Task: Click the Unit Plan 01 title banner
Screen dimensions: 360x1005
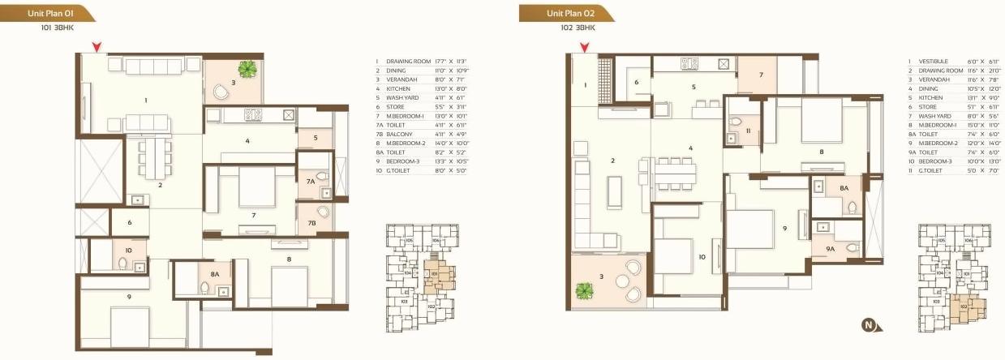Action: pos(45,13)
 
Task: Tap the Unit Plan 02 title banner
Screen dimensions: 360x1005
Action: pos(565,13)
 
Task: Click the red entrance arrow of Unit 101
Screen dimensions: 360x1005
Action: pos(97,47)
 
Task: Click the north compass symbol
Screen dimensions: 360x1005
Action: pos(868,327)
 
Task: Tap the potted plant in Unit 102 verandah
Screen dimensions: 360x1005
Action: pos(583,289)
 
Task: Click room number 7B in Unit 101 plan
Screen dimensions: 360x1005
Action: pos(311,222)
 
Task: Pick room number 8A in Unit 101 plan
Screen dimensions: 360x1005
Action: pos(215,274)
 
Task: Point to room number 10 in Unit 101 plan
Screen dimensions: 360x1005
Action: pos(128,251)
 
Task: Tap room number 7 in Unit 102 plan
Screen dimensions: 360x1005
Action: pos(761,75)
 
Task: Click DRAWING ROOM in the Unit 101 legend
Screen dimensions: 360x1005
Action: pos(404,62)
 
